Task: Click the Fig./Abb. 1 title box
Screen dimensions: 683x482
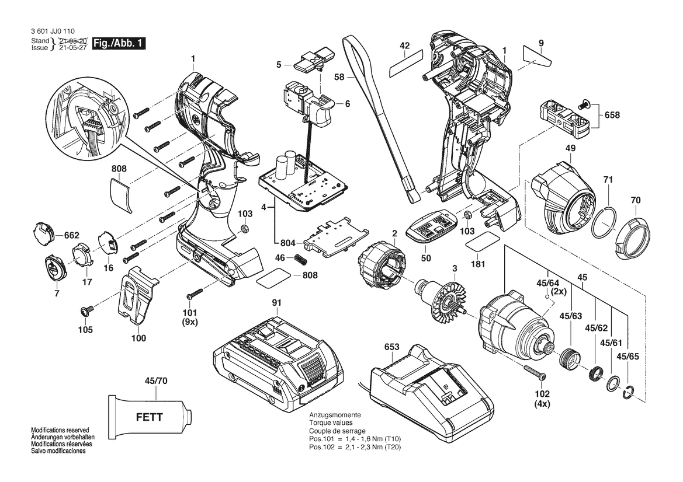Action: click(119, 44)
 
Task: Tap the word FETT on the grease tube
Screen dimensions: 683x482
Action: click(149, 417)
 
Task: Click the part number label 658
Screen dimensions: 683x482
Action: click(612, 115)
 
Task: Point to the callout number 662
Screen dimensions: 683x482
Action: click(71, 235)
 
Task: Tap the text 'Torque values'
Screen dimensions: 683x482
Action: click(331, 423)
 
